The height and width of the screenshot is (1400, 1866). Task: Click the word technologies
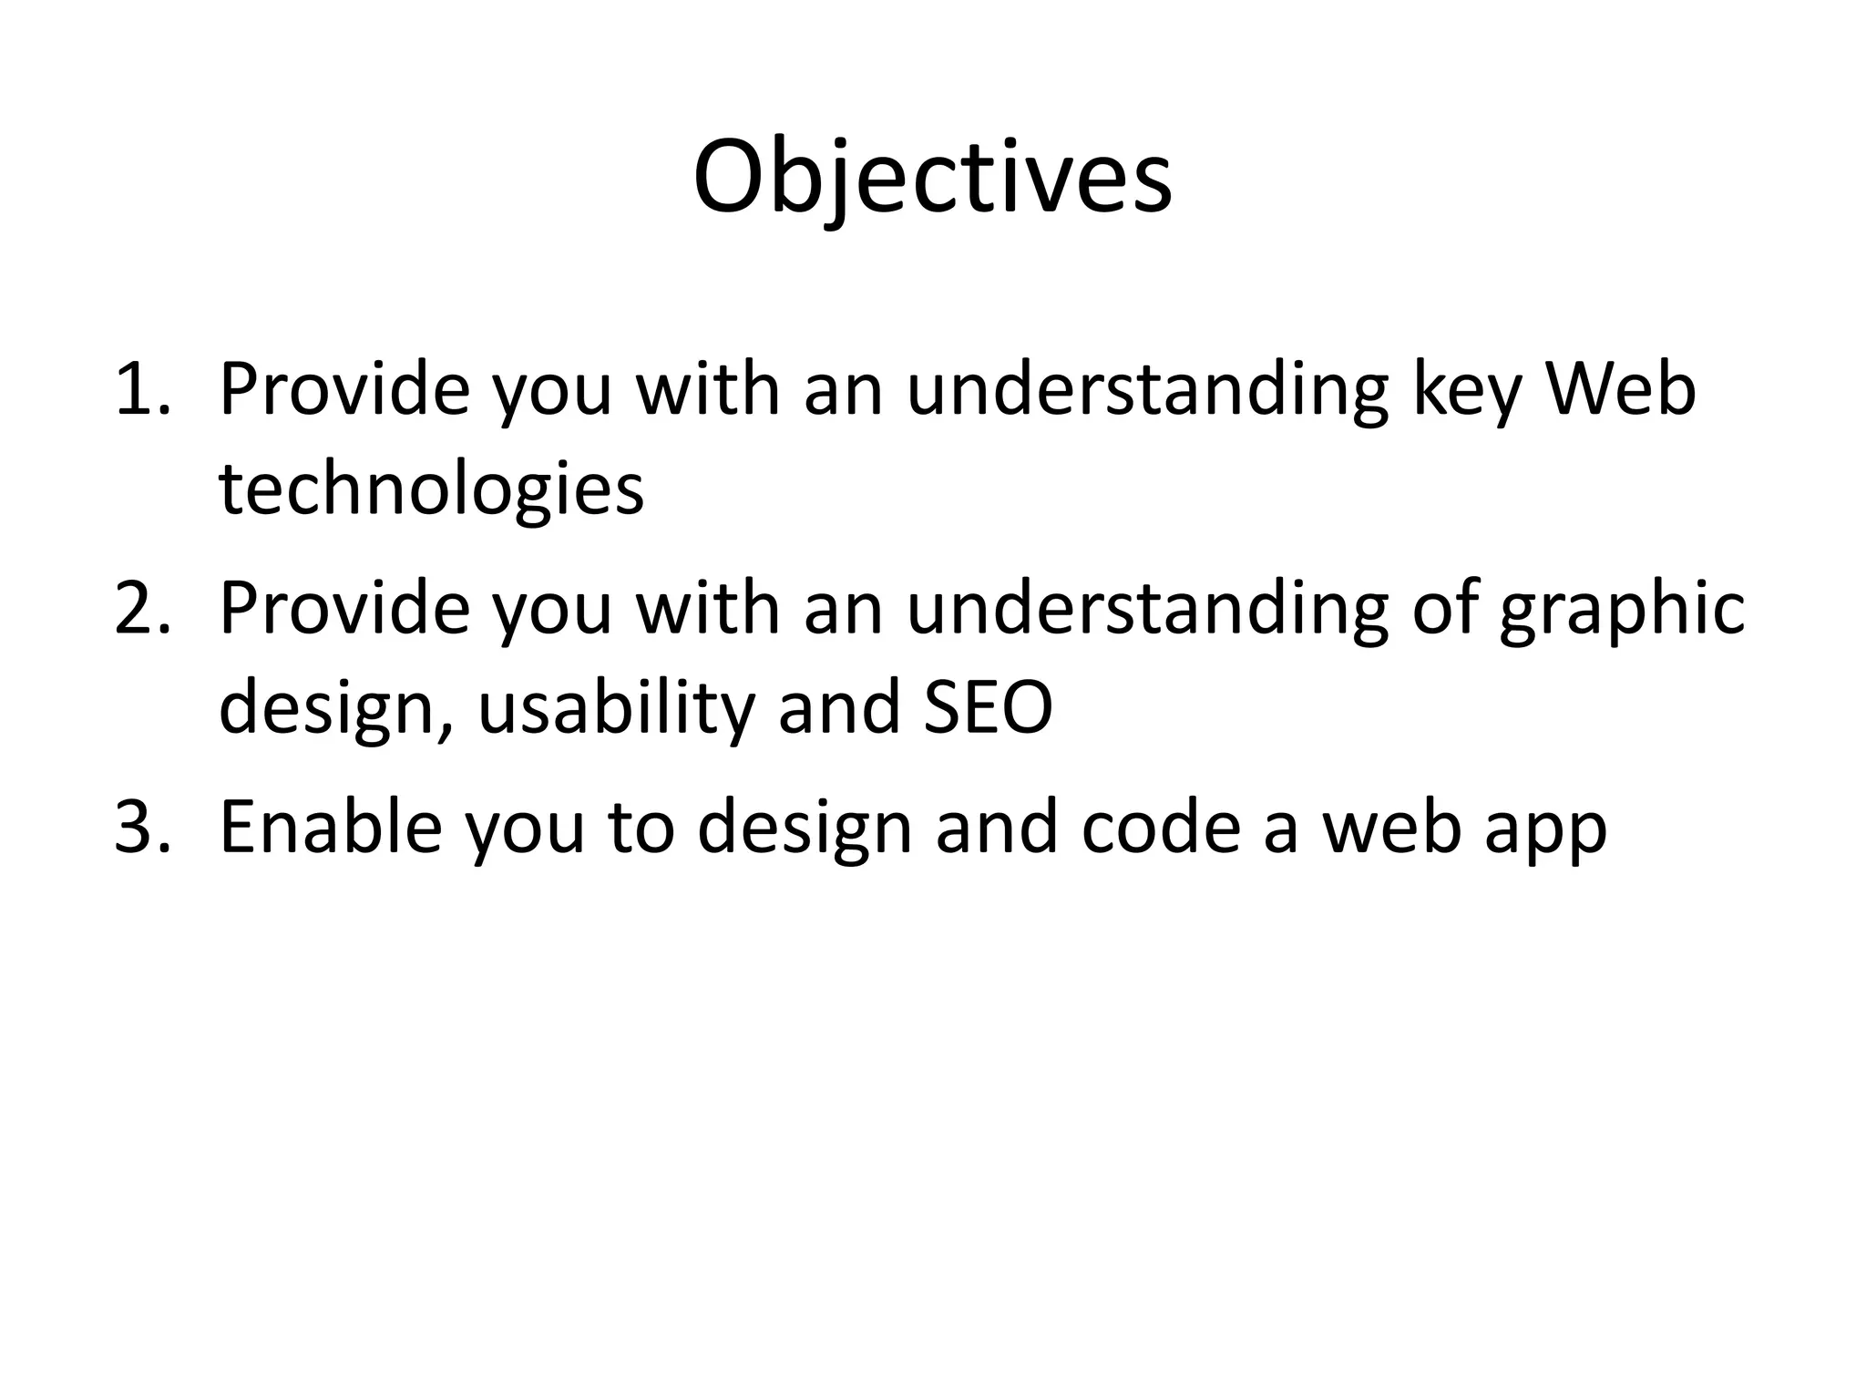(431, 490)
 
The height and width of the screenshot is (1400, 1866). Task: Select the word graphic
(1622, 611)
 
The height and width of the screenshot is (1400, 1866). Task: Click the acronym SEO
(988, 709)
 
